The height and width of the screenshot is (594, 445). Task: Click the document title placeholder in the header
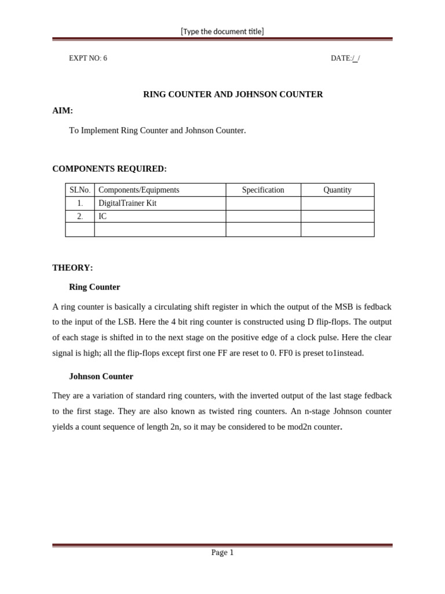tap(222, 31)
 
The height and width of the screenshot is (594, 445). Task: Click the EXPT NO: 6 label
tap(88, 59)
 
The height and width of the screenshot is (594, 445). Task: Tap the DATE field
tap(345, 59)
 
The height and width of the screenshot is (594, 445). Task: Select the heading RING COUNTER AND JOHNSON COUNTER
tap(233, 95)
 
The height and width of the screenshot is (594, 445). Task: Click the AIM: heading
tap(63, 111)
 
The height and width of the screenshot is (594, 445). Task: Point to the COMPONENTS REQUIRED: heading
tap(110, 169)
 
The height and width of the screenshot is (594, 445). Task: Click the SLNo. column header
tap(80, 190)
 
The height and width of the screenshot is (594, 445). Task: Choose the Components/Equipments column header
tap(139, 190)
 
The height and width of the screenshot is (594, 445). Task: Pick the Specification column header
tap(263, 190)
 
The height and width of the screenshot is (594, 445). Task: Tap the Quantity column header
tap(337, 190)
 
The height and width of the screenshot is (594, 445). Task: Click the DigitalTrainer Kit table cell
tap(127, 204)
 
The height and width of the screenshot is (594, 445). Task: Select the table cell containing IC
tap(103, 216)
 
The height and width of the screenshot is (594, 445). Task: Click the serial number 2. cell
tap(80, 216)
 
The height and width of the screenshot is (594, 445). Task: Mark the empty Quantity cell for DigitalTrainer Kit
tap(337, 204)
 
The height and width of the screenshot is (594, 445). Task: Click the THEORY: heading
tap(72, 268)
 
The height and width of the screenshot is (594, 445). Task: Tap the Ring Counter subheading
tap(94, 287)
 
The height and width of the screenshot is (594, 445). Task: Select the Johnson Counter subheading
tap(101, 376)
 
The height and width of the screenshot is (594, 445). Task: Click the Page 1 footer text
tap(222, 553)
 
